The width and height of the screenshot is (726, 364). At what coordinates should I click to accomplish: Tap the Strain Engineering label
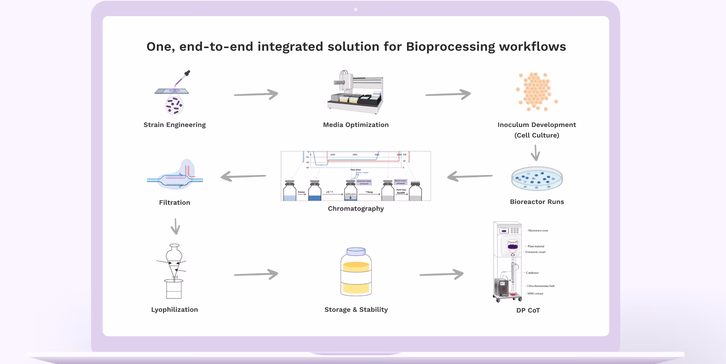click(175, 125)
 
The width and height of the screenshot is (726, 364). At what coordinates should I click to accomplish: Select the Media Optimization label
click(355, 125)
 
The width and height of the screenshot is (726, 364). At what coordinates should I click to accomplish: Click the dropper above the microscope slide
click(182, 78)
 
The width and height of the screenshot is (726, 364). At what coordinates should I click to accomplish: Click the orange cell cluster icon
click(536, 91)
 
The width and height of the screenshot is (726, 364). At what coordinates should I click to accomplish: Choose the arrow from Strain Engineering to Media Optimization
click(256, 94)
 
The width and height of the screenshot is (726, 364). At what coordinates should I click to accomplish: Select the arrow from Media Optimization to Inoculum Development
click(448, 94)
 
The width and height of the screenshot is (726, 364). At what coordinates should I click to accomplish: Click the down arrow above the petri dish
click(535, 153)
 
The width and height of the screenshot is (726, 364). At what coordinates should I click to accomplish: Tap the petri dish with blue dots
click(537, 178)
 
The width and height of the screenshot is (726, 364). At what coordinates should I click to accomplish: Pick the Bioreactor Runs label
click(537, 202)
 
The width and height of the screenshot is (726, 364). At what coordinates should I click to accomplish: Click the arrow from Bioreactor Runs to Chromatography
click(469, 176)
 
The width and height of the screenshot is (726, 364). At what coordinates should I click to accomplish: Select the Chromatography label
click(355, 208)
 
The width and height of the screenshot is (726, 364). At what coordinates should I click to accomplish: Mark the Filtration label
click(175, 202)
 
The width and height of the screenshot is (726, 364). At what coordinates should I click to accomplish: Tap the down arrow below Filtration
click(175, 227)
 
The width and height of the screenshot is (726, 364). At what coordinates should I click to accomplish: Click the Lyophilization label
click(175, 310)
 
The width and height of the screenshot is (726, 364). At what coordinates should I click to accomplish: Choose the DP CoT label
click(528, 310)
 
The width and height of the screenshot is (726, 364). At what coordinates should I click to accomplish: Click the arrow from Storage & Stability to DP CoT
click(441, 274)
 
